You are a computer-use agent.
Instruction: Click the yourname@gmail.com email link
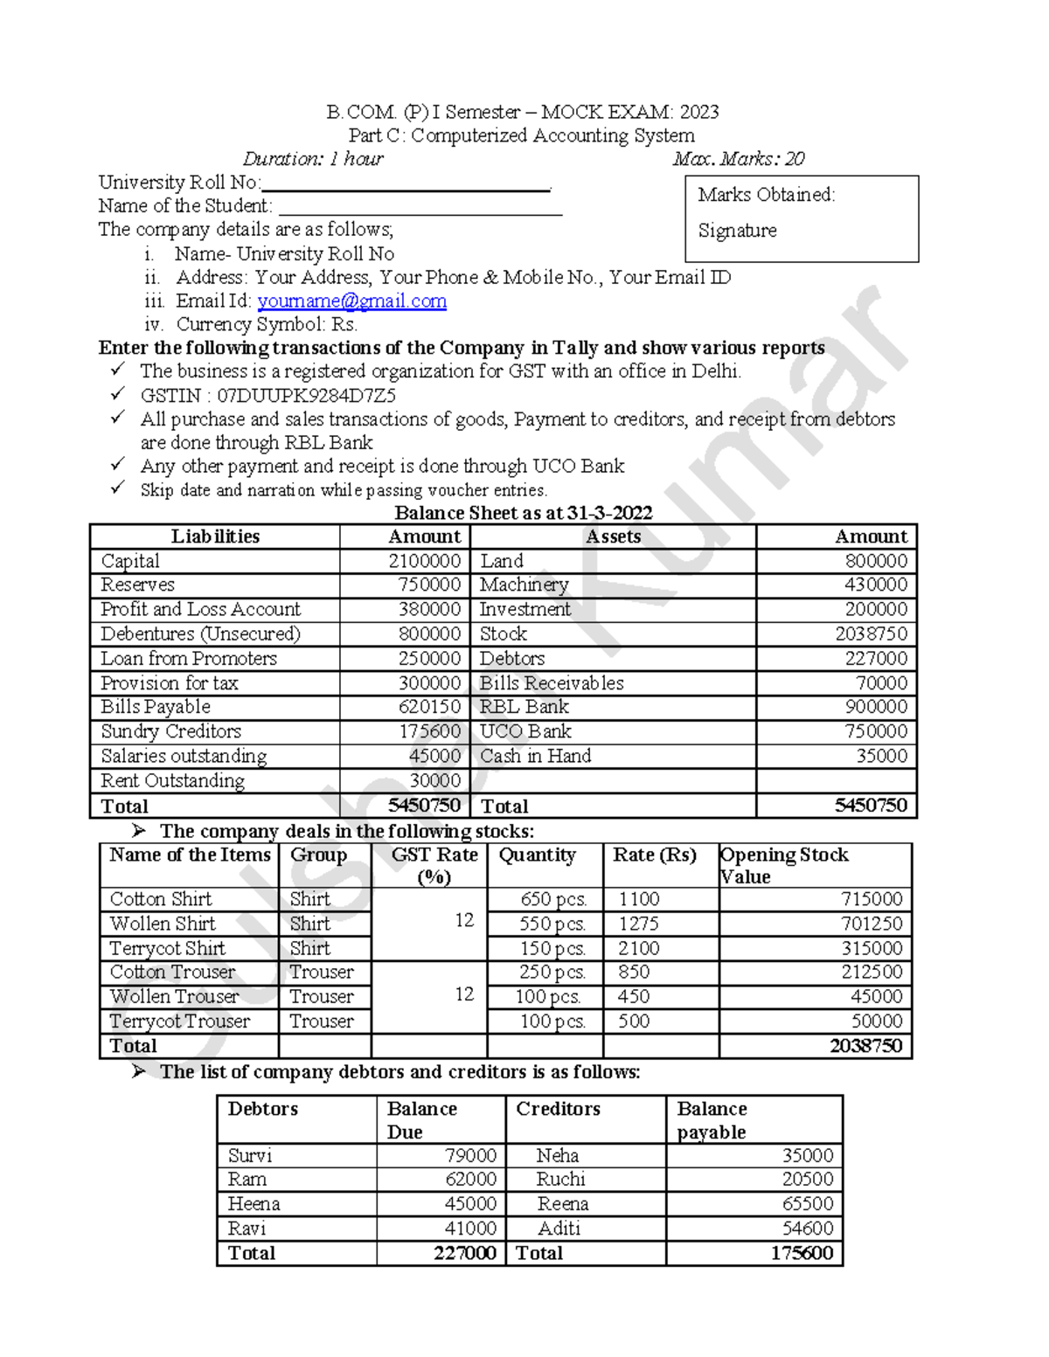pos(351,301)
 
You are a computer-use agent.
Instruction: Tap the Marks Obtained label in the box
pos(766,195)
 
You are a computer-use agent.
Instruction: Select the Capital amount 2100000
pos(424,561)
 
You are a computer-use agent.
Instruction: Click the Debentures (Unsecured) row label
pos(200,634)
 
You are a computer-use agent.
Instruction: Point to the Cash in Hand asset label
pos(535,757)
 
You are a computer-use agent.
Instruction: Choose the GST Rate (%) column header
pos(434,865)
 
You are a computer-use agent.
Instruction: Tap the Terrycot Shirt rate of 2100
pos(639,949)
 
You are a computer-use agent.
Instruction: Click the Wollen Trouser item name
pos(174,997)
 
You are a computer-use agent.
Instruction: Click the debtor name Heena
pos(254,1204)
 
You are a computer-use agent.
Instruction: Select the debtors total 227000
pos(464,1253)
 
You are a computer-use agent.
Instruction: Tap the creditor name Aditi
pos(559,1229)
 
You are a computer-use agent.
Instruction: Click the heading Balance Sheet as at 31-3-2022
pos(523,513)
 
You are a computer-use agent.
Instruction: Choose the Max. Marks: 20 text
pos(738,159)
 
